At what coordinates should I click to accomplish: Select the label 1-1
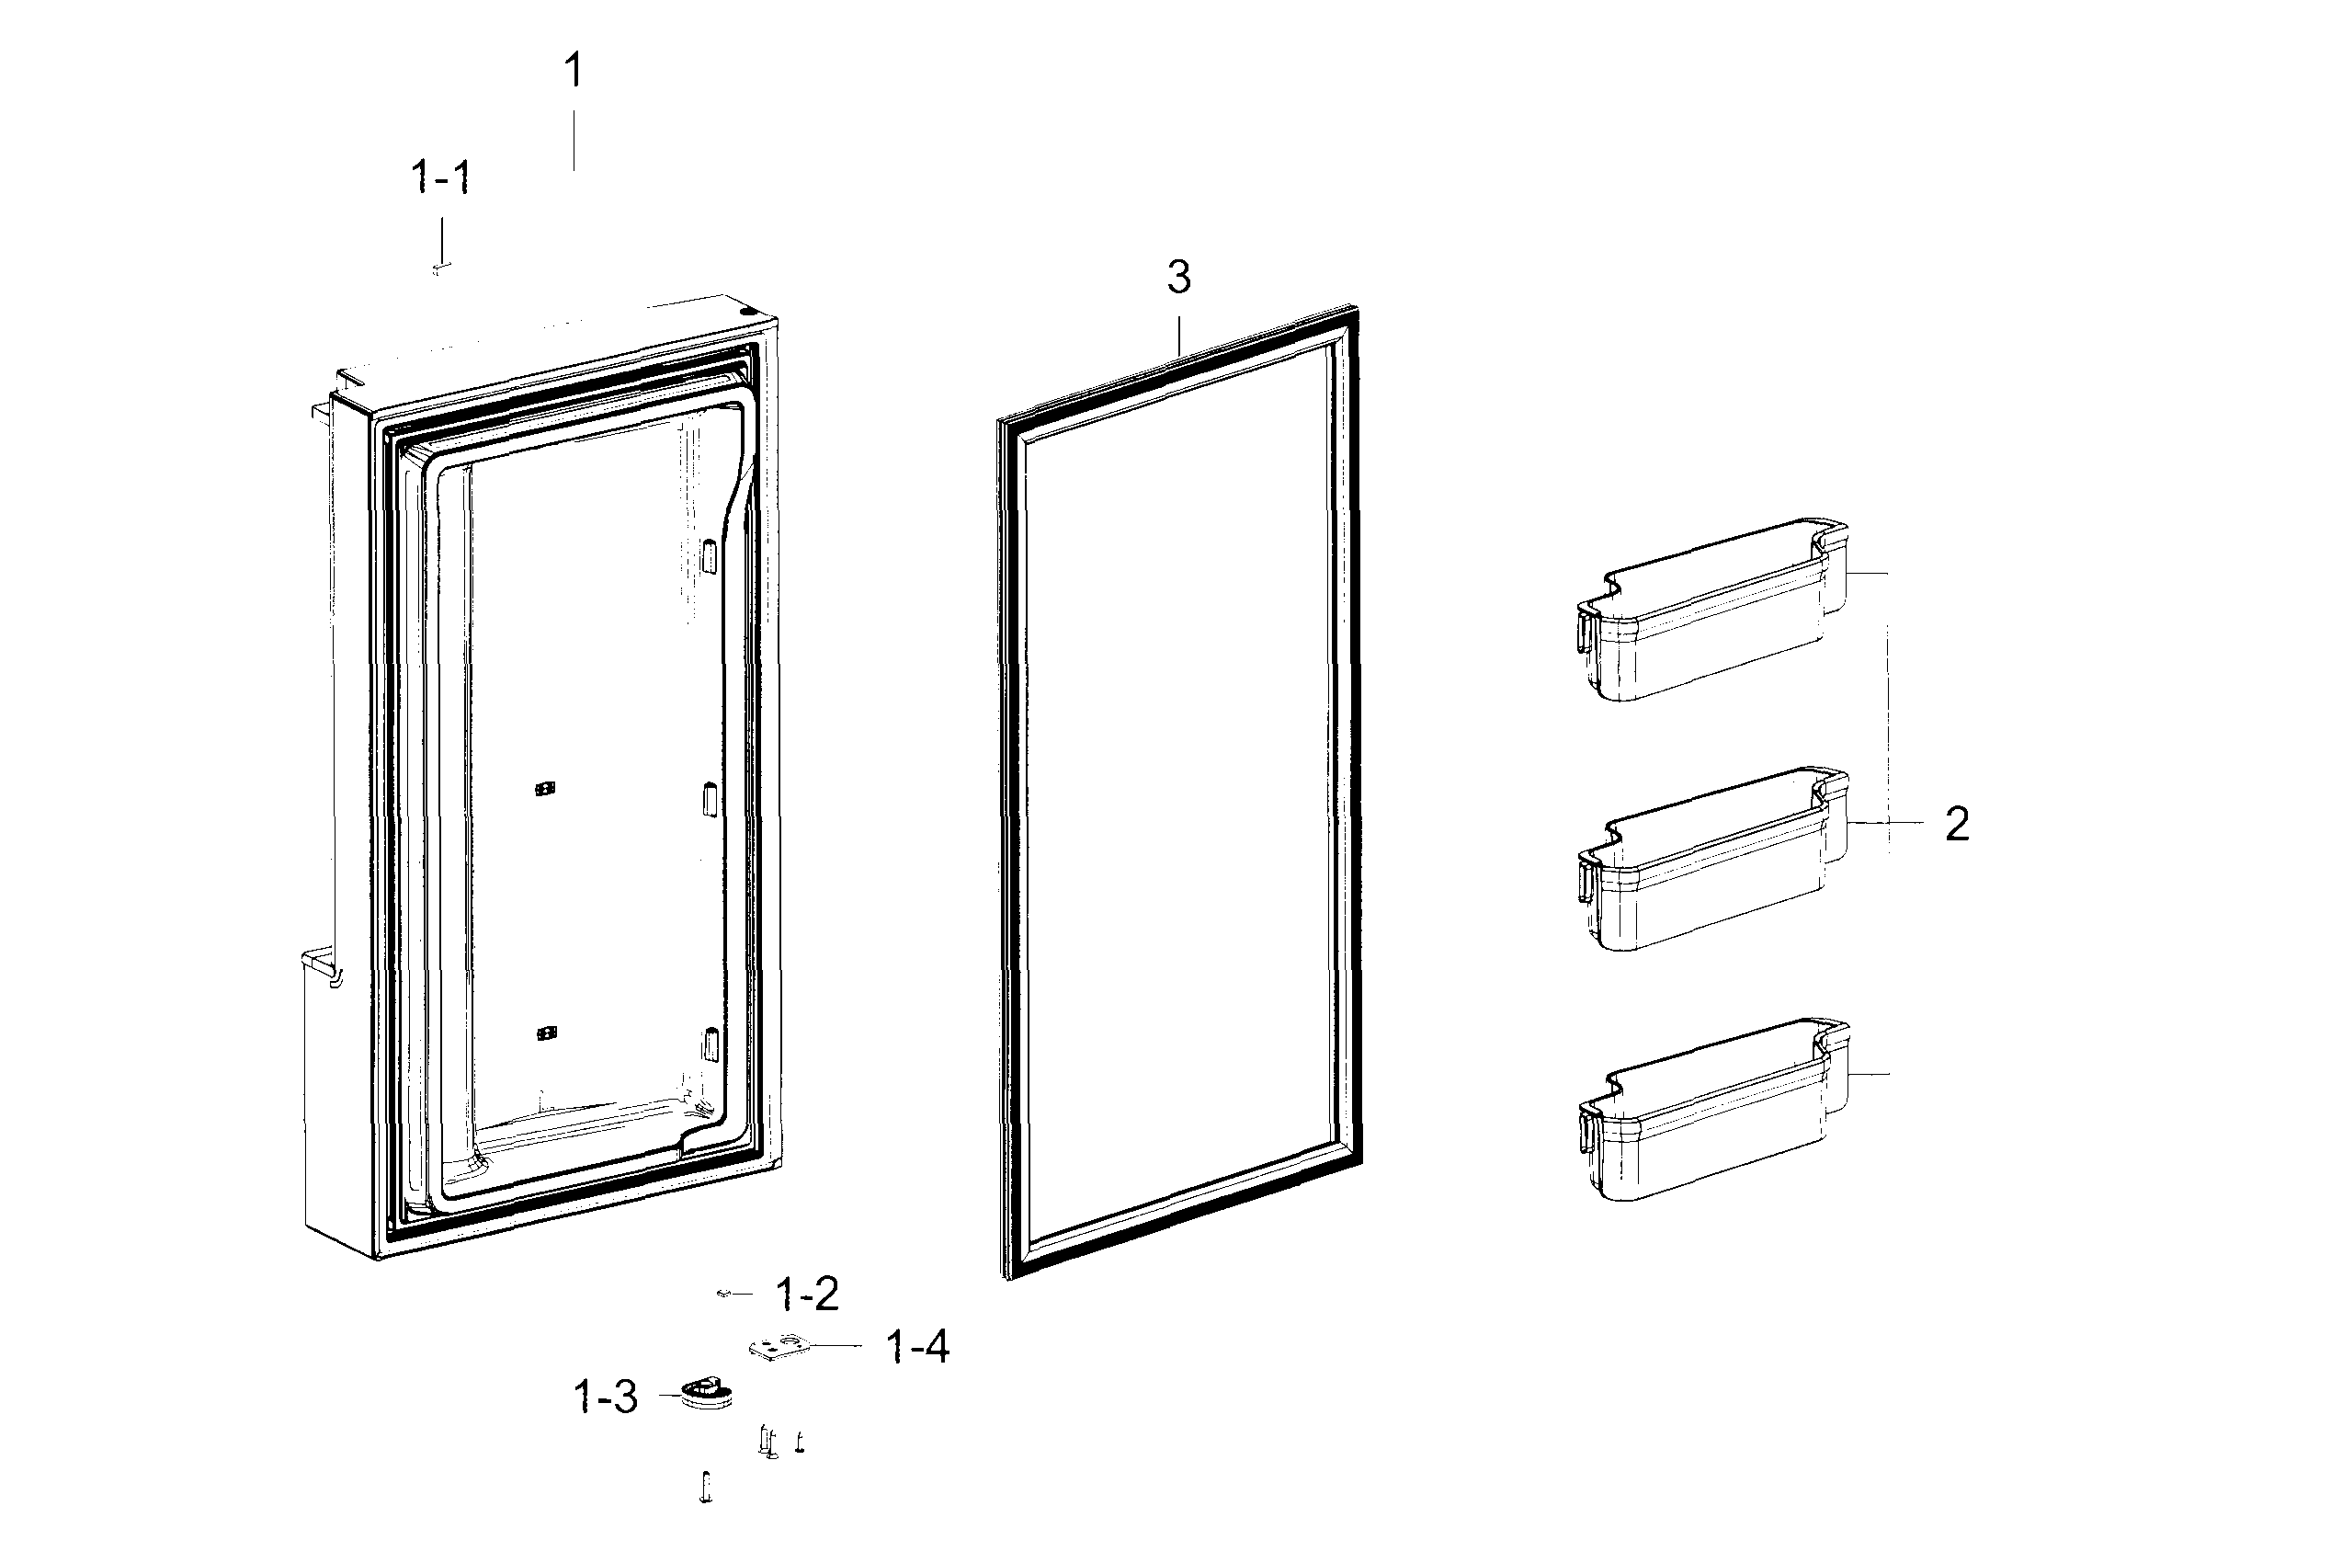point(440,178)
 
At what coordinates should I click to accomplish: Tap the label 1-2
point(807,1294)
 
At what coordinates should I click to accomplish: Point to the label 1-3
point(606,1398)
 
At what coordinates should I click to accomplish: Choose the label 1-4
point(918,1347)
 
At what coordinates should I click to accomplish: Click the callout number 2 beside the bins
point(1956,825)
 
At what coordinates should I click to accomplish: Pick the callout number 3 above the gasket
point(1179,278)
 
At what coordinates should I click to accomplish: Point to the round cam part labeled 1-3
point(707,1392)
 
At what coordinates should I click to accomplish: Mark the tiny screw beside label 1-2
point(724,1294)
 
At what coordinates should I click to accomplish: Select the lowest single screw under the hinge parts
point(706,1488)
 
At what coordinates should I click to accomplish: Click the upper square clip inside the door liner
point(544,789)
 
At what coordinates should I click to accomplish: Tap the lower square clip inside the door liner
point(545,1032)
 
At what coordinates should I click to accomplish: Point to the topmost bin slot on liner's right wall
point(709,555)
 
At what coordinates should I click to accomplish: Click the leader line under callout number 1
point(574,140)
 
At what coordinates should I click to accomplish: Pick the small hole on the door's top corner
point(747,311)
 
